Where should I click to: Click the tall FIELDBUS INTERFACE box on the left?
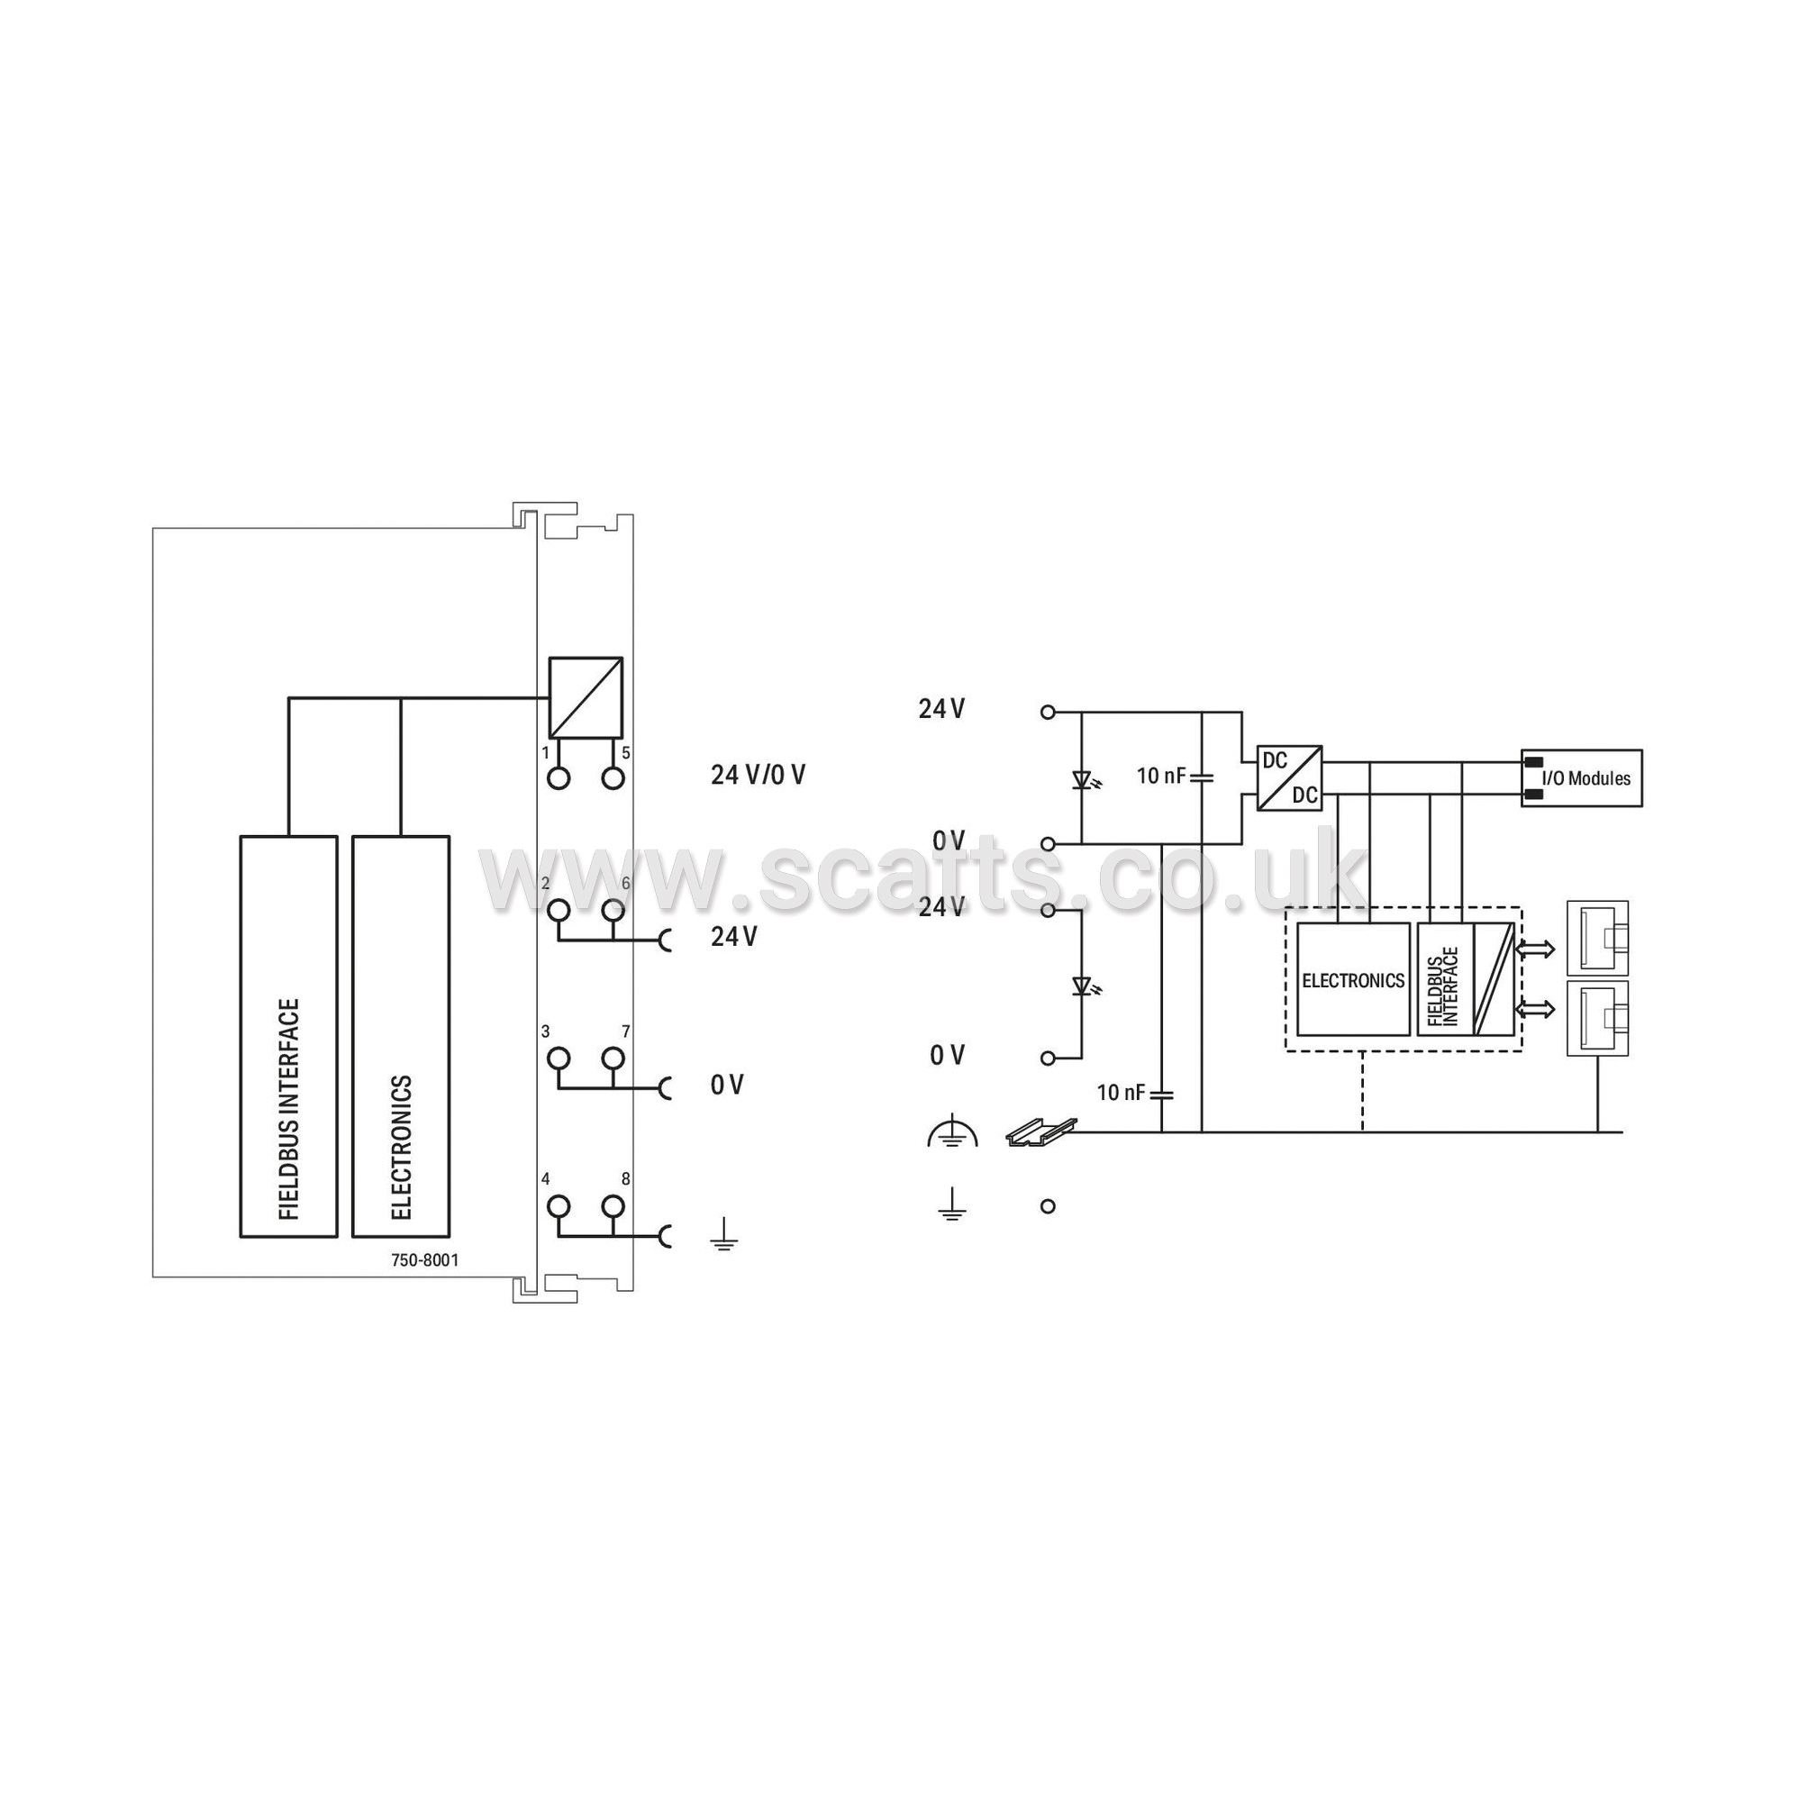pyautogui.click(x=288, y=1036)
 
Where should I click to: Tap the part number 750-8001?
pyautogui.click(x=424, y=1261)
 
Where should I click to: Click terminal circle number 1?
pyautogui.click(x=559, y=778)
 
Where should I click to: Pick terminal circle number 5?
pyautogui.click(x=612, y=778)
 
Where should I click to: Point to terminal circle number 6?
pyautogui.click(x=612, y=910)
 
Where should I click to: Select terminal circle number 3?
pyautogui.click(x=559, y=1059)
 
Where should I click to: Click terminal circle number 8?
pyautogui.click(x=612, y=1207)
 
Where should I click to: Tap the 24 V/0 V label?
pyautogui.click(x=758, y=775)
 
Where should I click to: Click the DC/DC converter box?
pyautogui.click(x=1290, y=777)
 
